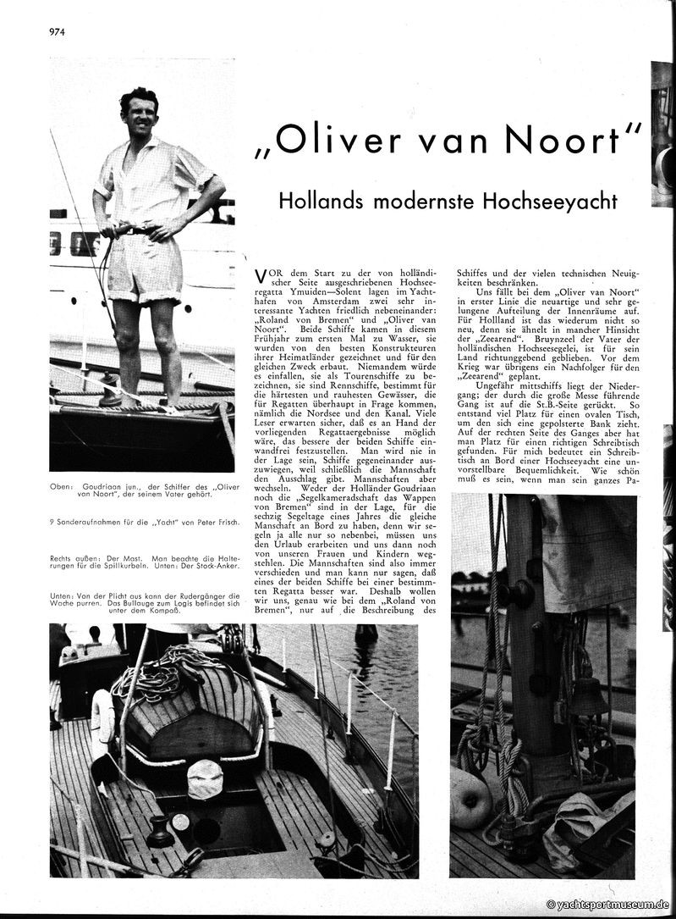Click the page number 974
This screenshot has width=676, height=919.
tap(58, 31)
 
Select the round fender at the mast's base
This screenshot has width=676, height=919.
tap(470, 799)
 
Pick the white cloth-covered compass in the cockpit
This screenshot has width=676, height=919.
tap(206, 778)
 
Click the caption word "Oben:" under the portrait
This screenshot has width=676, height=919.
tap(63, 489)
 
